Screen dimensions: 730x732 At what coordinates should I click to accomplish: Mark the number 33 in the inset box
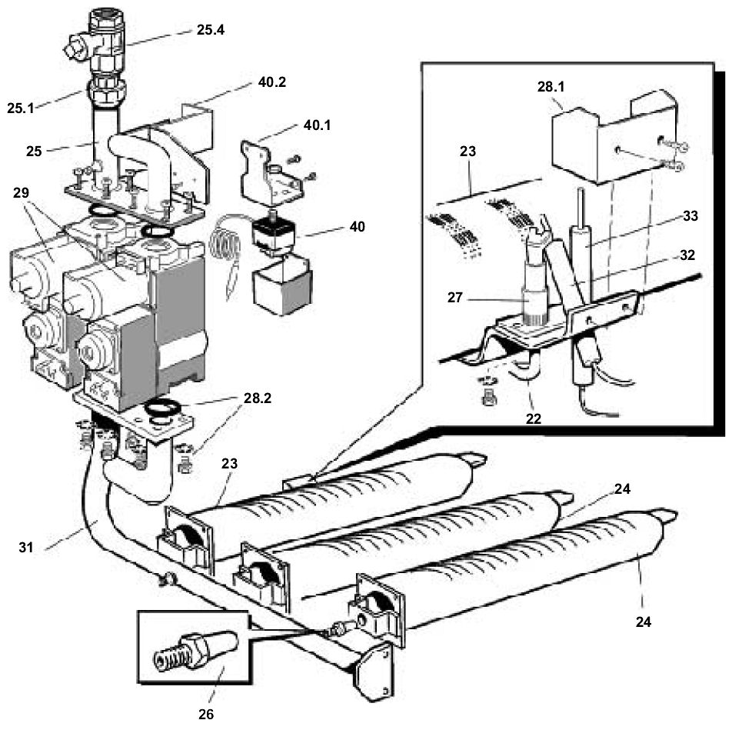pyautogui.click(x=690, y=216)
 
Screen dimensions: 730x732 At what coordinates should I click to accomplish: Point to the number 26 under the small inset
pyautogui.click(x=205, y=714)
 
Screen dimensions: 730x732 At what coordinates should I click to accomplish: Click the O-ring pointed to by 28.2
pyautogui.click(x=164, y=408)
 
